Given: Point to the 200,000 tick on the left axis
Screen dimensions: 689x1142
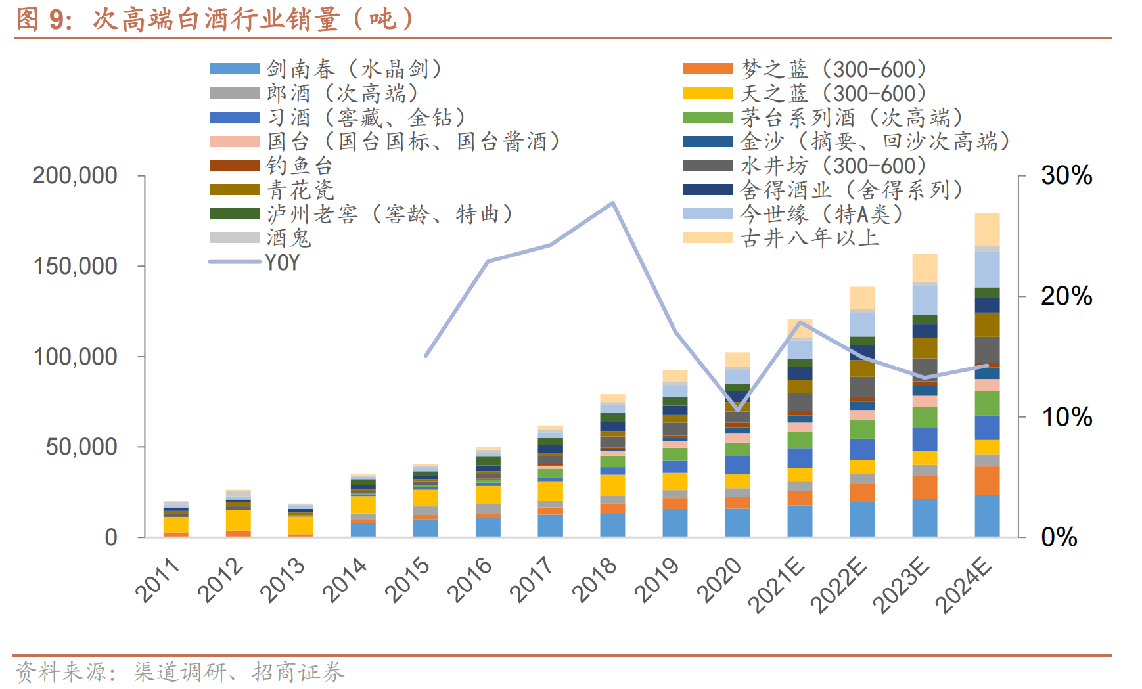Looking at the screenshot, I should [75, 176].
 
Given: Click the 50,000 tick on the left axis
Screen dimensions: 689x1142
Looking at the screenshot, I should [81, 447].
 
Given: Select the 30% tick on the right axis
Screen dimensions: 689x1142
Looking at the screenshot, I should [1066, 175].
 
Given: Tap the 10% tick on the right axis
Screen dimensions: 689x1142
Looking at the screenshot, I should [1066, 416].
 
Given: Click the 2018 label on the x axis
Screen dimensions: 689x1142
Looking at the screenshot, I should [595, 579].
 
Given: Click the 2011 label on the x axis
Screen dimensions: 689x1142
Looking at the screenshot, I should [158, 579].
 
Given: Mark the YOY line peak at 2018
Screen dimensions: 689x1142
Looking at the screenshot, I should [613, 203].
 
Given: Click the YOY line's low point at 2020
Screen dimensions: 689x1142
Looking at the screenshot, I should [738, 409].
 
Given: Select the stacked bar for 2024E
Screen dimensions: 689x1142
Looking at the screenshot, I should [987, 374].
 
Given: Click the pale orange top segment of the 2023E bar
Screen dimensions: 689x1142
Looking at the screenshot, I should [925, 268].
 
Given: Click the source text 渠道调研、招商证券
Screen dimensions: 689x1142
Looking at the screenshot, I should [239, 672].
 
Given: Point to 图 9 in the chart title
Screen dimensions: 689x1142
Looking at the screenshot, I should [43, 19].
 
